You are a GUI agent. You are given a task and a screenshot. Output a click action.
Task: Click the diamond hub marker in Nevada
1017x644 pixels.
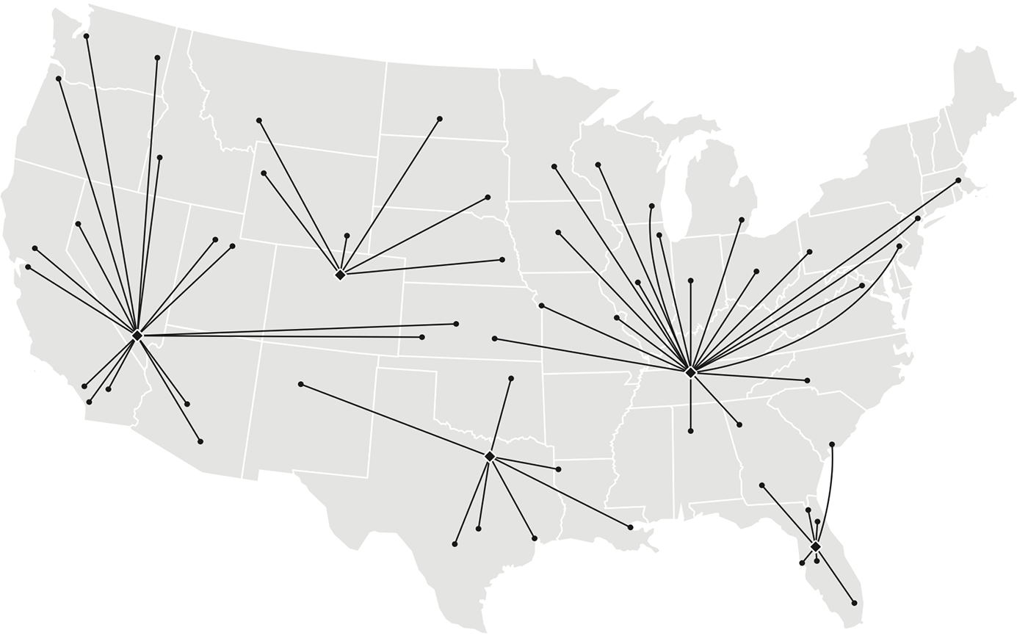pos(137,335)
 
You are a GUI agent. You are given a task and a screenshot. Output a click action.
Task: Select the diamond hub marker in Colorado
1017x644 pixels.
pos(340,275)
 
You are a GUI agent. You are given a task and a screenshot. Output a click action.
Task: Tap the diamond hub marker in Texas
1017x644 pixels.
pos(490,457)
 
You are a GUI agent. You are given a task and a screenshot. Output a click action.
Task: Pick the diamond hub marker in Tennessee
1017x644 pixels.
pos(690,372)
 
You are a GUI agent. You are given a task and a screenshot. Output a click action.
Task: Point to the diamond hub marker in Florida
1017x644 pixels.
pos(816,546)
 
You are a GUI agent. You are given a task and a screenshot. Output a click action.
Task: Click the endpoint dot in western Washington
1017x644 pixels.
pos(87,36)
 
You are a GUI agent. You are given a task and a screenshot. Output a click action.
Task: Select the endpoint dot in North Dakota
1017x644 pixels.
pos(440,119)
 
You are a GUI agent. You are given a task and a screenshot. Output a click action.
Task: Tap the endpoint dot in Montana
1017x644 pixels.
pos(259,120)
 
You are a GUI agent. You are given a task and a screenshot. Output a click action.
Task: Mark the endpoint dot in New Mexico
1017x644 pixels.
pos(301,384)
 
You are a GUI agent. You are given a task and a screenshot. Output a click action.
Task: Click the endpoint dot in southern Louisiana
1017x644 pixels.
pos(631,527)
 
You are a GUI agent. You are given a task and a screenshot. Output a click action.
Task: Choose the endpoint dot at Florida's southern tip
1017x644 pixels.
pos(854,603)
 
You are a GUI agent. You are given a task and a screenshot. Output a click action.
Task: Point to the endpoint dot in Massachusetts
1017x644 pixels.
pos(958,181)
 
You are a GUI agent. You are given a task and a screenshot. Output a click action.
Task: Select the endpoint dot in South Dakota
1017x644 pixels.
pos(488,198)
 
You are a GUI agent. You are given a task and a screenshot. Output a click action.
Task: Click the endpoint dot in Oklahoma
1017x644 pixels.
pos(511,379)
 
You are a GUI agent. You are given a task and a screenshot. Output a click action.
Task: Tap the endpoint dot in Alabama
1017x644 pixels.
pos(691,431)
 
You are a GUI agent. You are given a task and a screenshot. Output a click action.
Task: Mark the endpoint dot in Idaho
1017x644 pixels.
pos(159,158)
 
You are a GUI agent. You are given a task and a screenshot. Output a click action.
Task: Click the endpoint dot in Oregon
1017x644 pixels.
pos(59,79)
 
